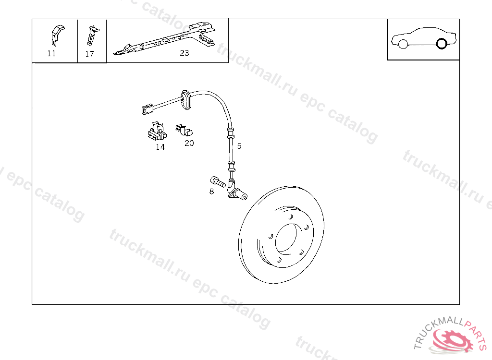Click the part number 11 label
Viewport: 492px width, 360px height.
[51, 53]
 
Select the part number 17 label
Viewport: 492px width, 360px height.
[89, 54]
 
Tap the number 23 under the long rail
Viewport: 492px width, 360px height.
[184, 53]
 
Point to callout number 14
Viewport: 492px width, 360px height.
[160, 147]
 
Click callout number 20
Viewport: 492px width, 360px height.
[189, 143]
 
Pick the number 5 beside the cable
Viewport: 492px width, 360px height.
[239, 146]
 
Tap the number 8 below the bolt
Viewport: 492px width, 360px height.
[211, 192]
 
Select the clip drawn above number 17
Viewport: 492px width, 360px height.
[93, 36]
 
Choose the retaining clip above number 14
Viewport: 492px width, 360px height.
[157, 131]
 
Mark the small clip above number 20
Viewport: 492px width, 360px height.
[184, 130]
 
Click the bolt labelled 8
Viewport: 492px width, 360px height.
[218, 181]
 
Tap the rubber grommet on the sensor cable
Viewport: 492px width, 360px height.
[186, 100]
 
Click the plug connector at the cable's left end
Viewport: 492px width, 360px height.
[147, 109]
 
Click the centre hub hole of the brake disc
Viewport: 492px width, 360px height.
[285, 238]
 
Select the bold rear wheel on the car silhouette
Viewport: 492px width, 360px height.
[442, 44]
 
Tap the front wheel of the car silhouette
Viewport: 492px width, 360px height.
[403, 44]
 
